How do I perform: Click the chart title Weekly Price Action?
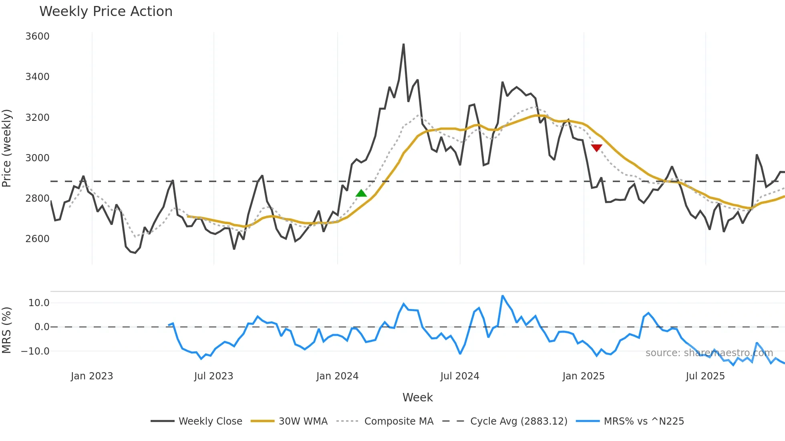point(106,12)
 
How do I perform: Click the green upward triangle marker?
point(361,194)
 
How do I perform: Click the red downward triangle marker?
point(596,148)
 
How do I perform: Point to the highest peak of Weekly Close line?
point(403,44)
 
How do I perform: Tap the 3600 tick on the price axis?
point(37,36)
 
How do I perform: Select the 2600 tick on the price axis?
point(37,239)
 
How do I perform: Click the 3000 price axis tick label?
point(37,158)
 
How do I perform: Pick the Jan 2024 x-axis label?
point(337,376)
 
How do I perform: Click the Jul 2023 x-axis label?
point(213,376)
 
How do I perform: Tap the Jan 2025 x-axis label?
point(583,376)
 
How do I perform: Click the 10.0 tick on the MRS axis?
point(39,303)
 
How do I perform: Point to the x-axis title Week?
point(417,397)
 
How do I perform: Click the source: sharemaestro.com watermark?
point(709,353)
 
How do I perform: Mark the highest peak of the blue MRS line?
point(503,296)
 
